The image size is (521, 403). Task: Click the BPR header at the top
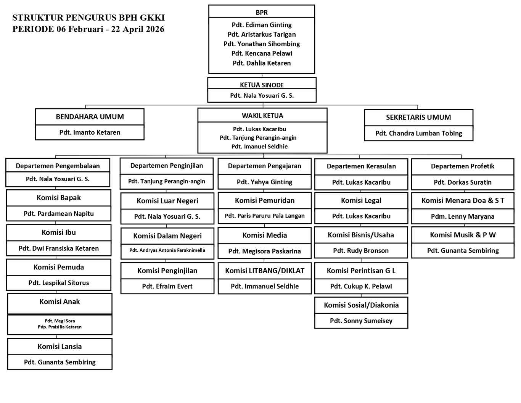click(x=262, y=13)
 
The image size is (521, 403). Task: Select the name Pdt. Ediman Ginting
click(x=262, y=25)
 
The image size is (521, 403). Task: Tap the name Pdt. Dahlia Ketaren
click(x=262, y=63)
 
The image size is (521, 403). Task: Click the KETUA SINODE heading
click(x=262, y=85)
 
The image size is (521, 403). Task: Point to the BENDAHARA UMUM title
click(x=90, y=117)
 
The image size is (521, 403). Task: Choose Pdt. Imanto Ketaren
click(x=90, y=132)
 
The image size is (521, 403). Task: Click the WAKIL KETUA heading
click(x=262, y=115)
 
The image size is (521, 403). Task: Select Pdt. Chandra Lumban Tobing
click(x=418, y=133)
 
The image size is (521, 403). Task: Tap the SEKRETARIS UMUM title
click(x=418, y=117)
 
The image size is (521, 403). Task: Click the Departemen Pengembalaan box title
click(x=58, y=166)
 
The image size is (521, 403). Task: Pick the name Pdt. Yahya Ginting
click(x=264, y=182)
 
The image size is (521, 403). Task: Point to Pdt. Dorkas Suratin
click(x=462, y=182)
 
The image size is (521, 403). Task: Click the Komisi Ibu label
click(x=59, y=232)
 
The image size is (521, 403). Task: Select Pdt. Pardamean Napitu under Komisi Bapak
click(x=59, y=213)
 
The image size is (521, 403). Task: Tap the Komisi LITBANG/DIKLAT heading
click(x=264, y=271)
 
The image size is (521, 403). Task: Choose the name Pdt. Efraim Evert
click(x=167, y=286)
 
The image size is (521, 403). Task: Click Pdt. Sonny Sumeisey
click(x=361, y=321)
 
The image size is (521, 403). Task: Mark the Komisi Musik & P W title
click(x=463, y=235)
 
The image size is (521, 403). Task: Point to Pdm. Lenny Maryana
click(x=462, y=216)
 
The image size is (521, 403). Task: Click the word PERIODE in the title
click(x=33, y=29)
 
